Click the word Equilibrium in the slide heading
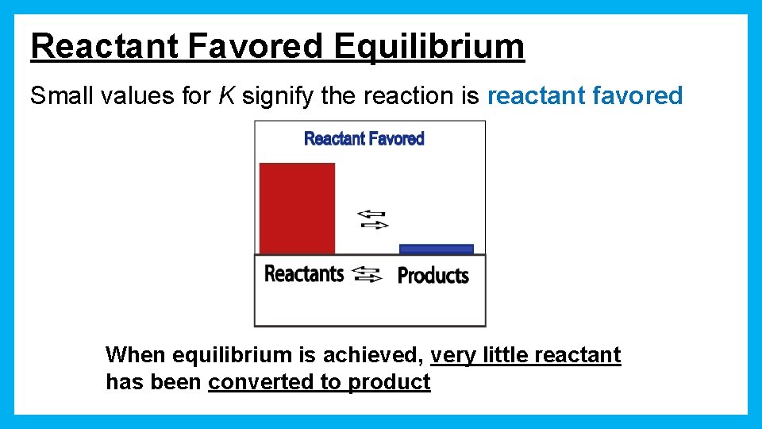[x=429, y=47]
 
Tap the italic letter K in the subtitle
[x=226, y=96]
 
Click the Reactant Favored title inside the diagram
[x=364, y=139]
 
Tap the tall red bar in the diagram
[x=297, y=208]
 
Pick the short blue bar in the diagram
[x=436, y=249]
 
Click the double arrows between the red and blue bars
[x=371, y=219]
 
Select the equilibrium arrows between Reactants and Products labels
[x=367, y=275]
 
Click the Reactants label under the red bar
[x=303, y=274]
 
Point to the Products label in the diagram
[x=433, y=276]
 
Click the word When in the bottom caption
[x=136, y=354]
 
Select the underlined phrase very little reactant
[x=525, y=354]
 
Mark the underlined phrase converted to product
[x=319, y=382]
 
